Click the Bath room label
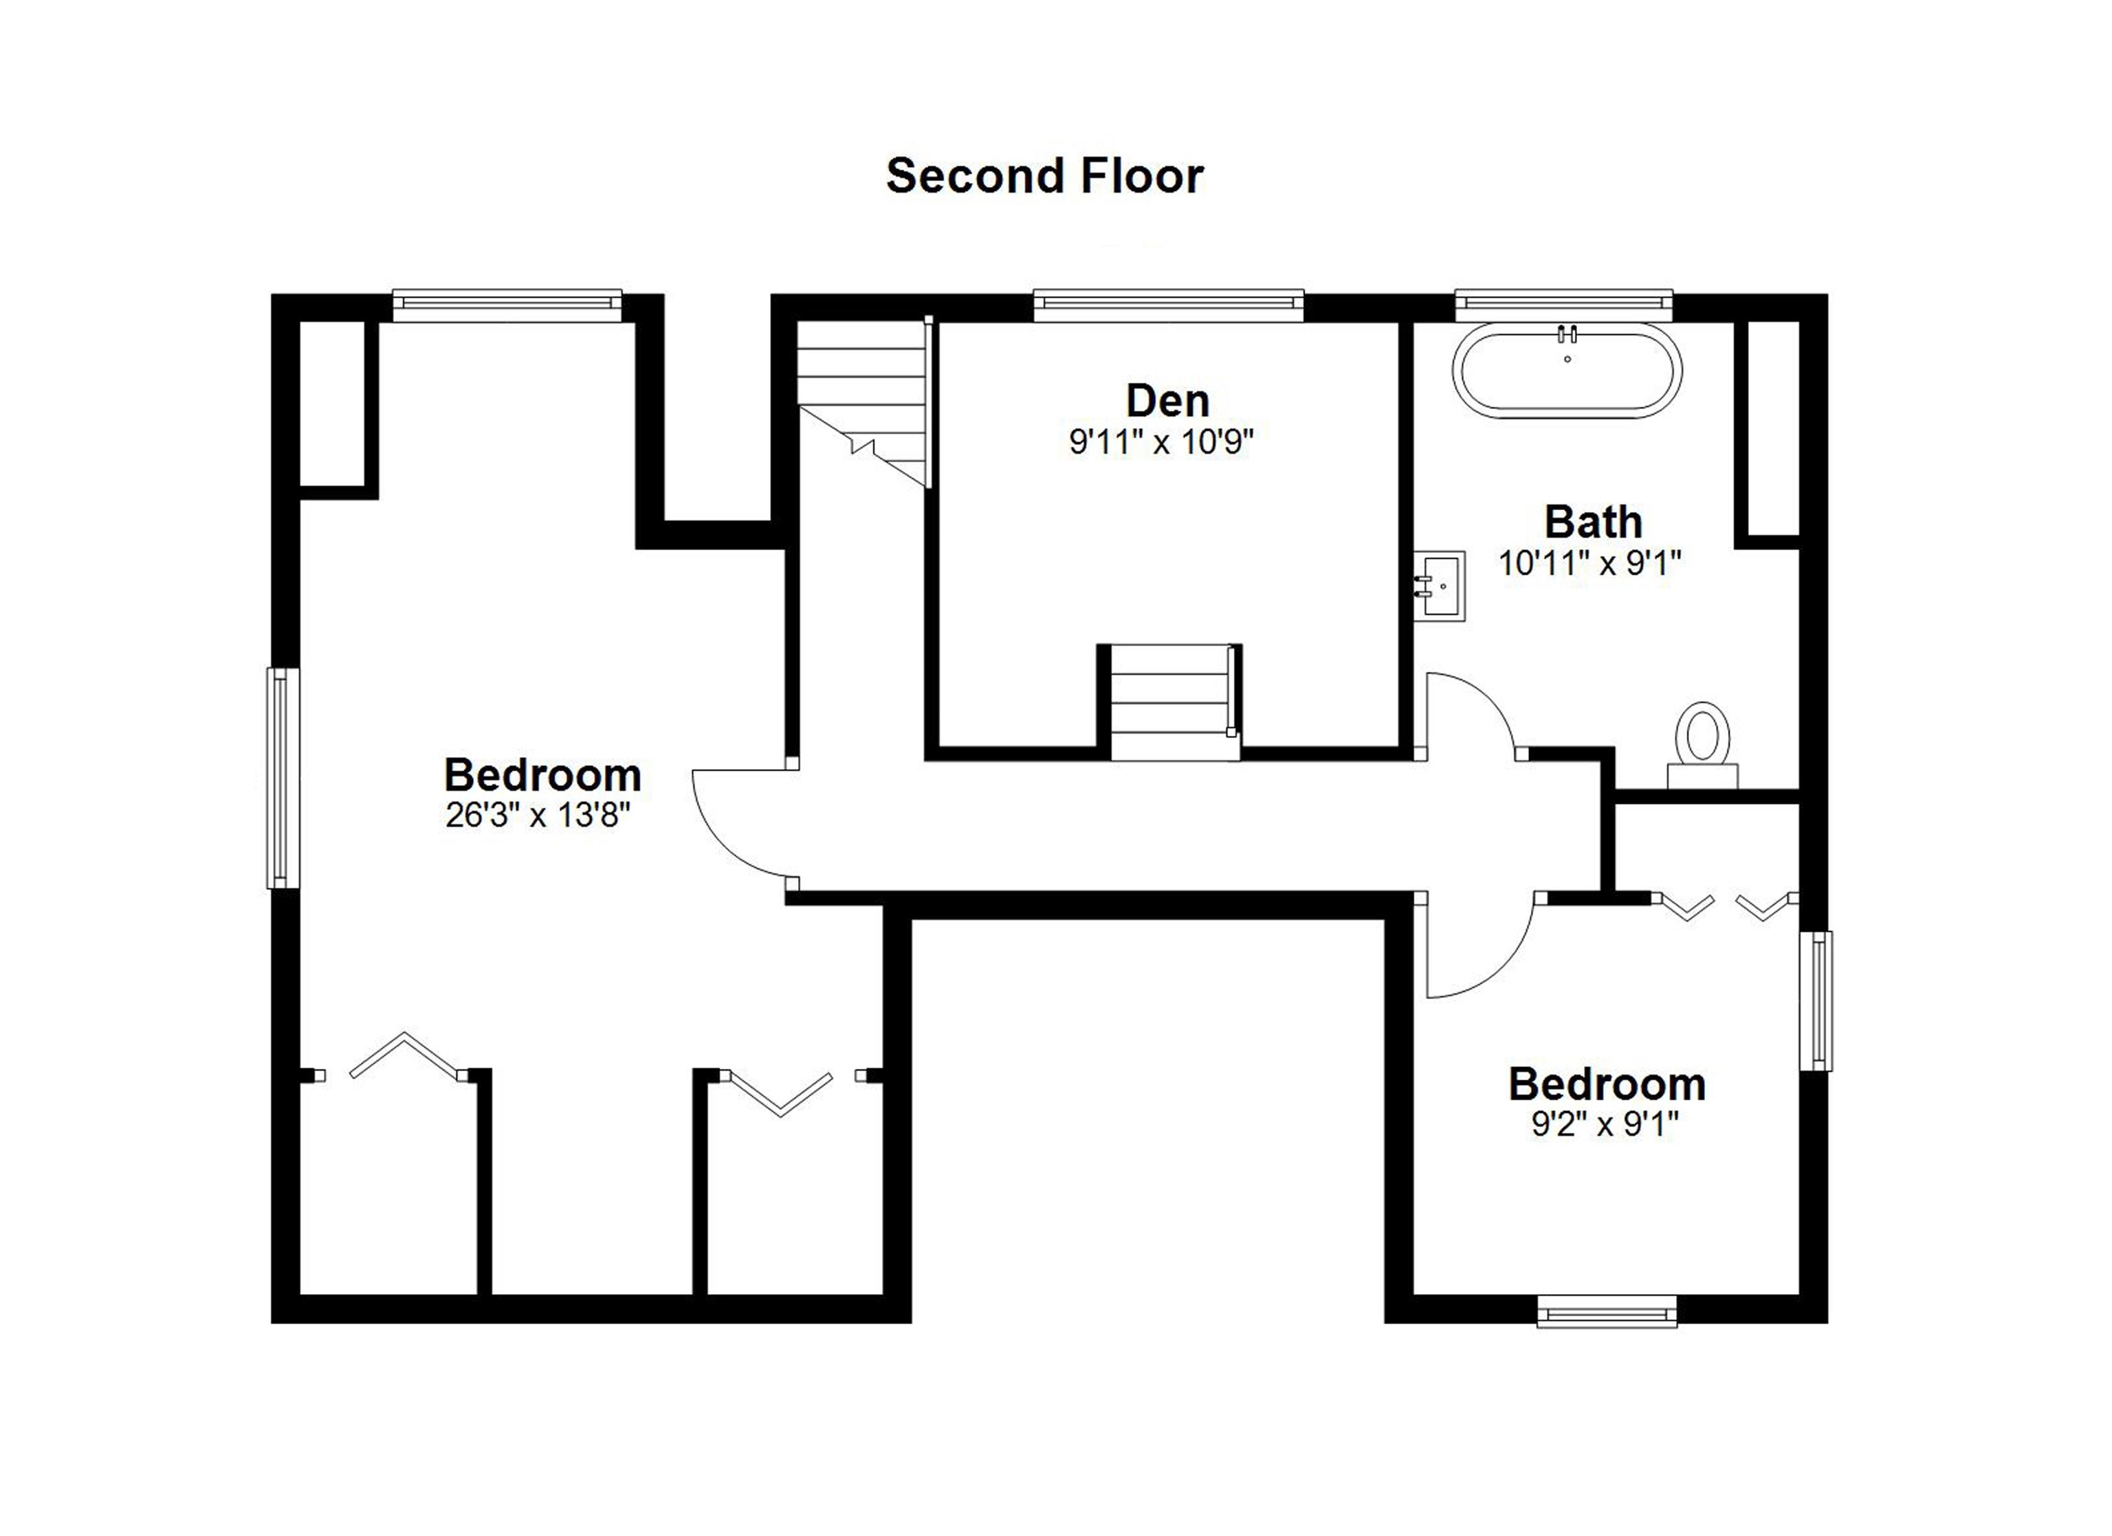click(x=1592, y=522)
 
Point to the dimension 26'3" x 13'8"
click(x=538, y=816)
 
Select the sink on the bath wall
click(x=1440, y=585)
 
